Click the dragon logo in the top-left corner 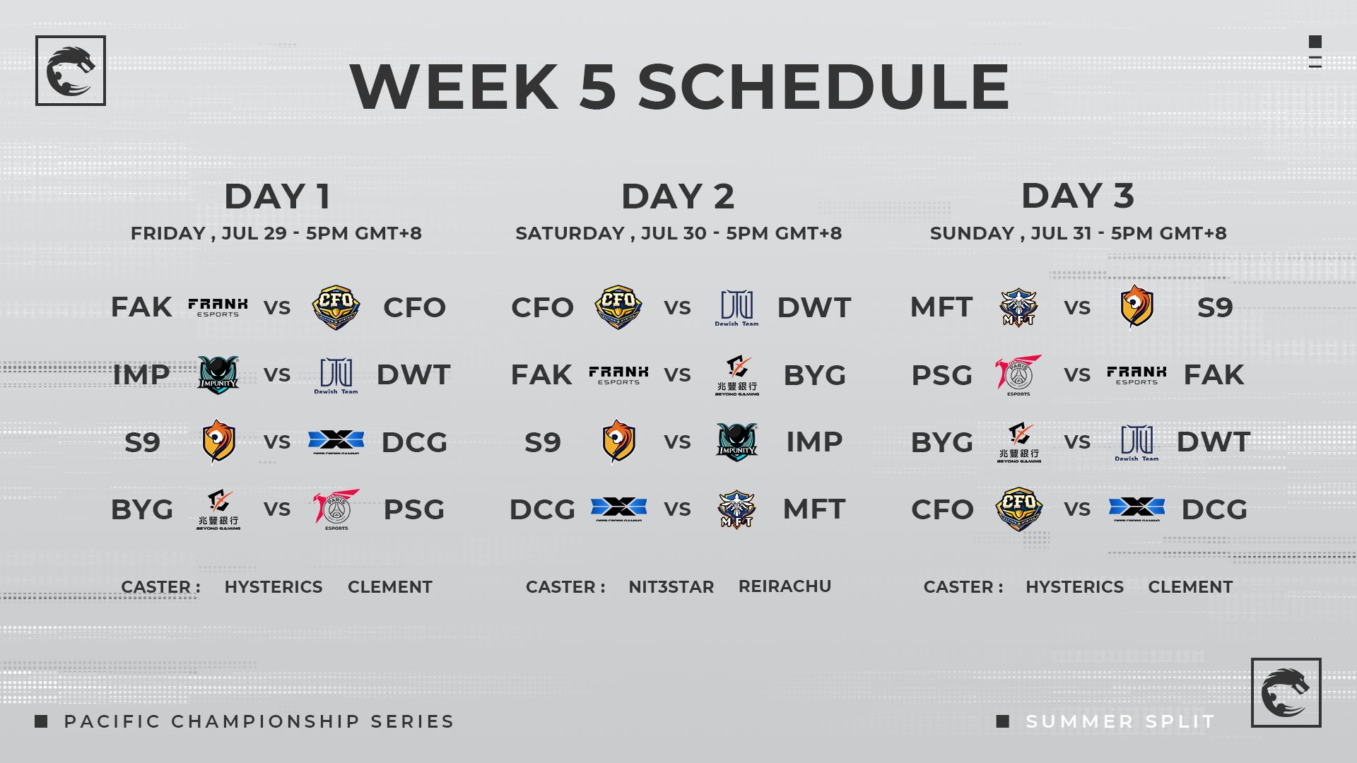coord(71,71)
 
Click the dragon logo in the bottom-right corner coord(1286,693)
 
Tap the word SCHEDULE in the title coord(823,87)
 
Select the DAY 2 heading coord(678,196)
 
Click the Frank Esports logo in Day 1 coord(218,307)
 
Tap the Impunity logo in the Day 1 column coord(218,374)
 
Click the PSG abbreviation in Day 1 coord(414,509)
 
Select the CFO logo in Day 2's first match coord(618,307)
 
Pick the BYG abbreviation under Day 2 coord(814,375)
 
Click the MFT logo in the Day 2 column coord(736,509)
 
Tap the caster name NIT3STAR coord(671,587)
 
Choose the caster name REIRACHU coord(785,586)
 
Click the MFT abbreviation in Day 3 coord(941,307)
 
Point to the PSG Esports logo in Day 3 coord(1018,374)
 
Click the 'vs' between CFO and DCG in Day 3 coord(1077,509)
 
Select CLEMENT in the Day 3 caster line coord(1190,587)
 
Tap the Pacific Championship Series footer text coord(259,721)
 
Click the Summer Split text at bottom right coord(1120,721)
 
